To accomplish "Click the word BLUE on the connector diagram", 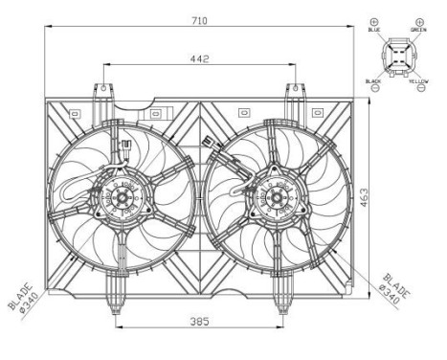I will click(374, 31).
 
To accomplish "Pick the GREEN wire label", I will click(418, 31).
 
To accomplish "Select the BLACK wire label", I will click(373, 82).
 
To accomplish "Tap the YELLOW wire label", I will click(419, 82).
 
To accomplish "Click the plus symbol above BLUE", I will click(374, 20).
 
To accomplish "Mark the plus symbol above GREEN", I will click(418, 20).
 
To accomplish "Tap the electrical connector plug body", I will click(396, 56).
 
